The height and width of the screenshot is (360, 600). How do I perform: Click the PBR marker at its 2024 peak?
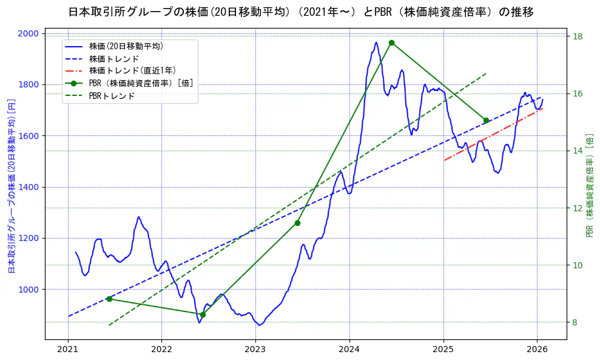391,42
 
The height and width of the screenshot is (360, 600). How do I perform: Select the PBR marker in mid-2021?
109,299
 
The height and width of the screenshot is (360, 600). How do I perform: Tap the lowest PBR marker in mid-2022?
203,314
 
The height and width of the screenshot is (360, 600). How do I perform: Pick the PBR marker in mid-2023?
297,223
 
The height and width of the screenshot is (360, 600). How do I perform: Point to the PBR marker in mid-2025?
486,120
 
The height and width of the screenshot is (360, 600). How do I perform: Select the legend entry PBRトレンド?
112,96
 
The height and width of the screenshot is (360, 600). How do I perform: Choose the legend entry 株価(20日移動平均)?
126,46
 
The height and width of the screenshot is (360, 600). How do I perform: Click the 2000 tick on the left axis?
30,33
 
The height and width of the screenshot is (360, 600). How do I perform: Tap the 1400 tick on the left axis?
30,187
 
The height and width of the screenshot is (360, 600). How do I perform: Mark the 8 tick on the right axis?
575,322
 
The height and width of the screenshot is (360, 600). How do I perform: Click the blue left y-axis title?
11,186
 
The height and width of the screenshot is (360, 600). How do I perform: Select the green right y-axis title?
589,186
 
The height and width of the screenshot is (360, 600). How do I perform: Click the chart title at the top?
300,12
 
